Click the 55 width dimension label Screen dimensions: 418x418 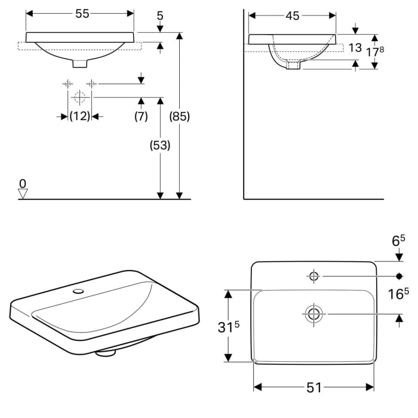click(x=82, y=14)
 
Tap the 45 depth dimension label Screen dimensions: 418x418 click(x=293, y=16)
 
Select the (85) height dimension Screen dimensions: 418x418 click(x=180, y=116)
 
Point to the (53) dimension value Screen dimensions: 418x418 click(x=160, y=145)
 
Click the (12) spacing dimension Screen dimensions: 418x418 click(x=79, y=116)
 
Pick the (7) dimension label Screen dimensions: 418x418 click(x=141, y=116)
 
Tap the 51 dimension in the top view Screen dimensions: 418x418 click(x=314, y=388)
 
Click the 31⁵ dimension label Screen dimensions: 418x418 click(x=229, y=327)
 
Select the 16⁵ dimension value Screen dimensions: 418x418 click(x=398, y=294)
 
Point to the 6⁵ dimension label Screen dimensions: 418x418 click(x=398, y=241)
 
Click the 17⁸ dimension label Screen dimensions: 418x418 click(x=375, y=51)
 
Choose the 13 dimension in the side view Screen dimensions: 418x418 click(x=355, y=48)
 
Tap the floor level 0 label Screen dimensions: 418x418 click(x=23, y=184)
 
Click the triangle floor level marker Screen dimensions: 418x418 click(x=23, y=193)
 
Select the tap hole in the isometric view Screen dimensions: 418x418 click(x=78, y=291)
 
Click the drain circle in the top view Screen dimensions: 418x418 click(x=314, y=314)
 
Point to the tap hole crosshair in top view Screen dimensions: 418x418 click(x=314, y=276)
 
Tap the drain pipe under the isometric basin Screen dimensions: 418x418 click(x=106, y=352)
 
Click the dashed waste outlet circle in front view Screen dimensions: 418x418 click(x=79, y=97)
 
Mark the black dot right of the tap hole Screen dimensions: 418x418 click(x=399, y=276)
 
